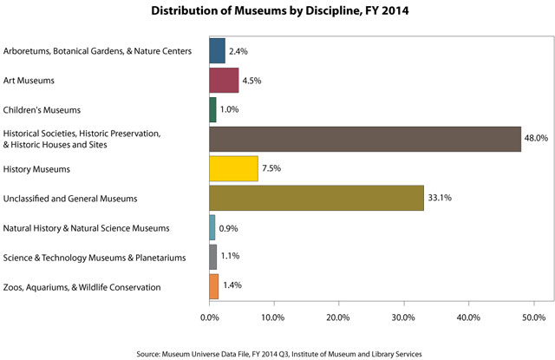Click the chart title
tap(277, 11)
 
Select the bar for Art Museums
tap(224, 81)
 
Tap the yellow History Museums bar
tap(233, 169)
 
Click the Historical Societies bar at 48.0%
tap(365, 140)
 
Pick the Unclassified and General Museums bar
tap(317, 199)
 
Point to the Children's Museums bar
tap(212, 110)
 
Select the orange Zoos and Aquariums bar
tap(213, 286)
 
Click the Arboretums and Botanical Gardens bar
tap(217, 51)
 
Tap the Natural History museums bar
tap(212, 228)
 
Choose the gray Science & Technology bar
tap(212, 257)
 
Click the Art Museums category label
tap(29, 81)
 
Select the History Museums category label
tap(38, 169)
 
